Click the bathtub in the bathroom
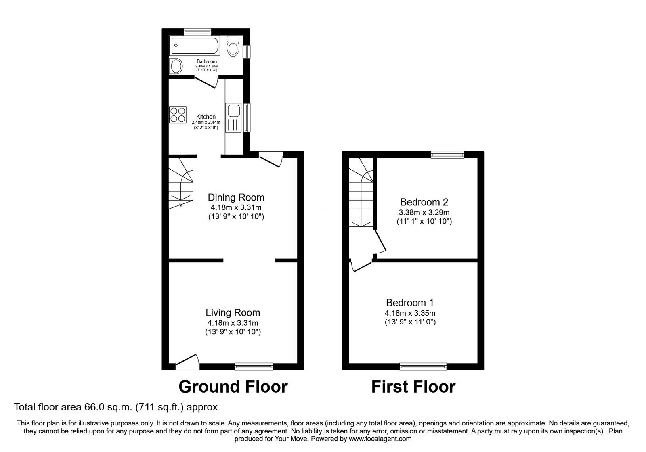pos(195,47)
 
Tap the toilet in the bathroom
pos(233,47)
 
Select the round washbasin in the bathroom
pos(176,67)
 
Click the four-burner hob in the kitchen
pos(178,114)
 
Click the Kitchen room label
pos(206,117)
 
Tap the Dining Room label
pos(236,197)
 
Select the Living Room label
pos(233,312)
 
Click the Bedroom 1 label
pos(410,303)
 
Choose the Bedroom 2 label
pos(424,202)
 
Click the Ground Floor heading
pos(233,387)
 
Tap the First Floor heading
pos(413,387)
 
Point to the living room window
pos(254,366)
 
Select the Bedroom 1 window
pos(423,366)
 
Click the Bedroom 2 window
pos(447,155)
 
